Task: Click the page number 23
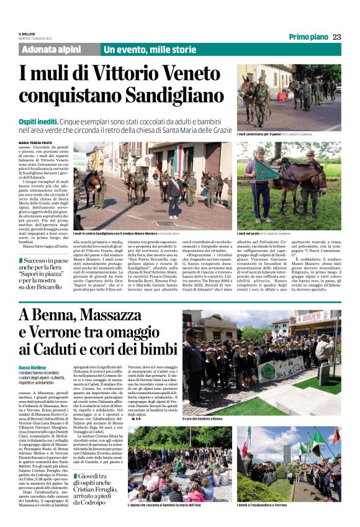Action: click(x=336, y=37)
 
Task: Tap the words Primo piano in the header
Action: click(x=308, y=37)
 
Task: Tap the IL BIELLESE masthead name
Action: click(x=29, y=34)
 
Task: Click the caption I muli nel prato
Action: click(x=250, y=233)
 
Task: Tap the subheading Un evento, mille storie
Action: click(x=150, y=50)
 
